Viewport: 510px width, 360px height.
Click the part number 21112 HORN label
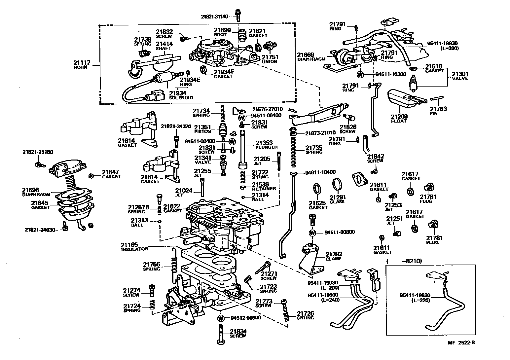[x=81, y=65]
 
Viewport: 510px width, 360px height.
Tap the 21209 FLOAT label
[x=399, y=119]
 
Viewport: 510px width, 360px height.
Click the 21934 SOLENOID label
[x=178, y=95]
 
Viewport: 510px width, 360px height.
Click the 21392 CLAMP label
[x=334, y=256]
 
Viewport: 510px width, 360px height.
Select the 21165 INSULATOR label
[x=134, y=247]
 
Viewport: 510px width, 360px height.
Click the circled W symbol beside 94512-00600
[x=221, y=318]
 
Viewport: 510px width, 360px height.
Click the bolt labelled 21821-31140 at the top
[x=237, y=14]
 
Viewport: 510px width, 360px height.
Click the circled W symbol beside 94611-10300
[x=360, y=74]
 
